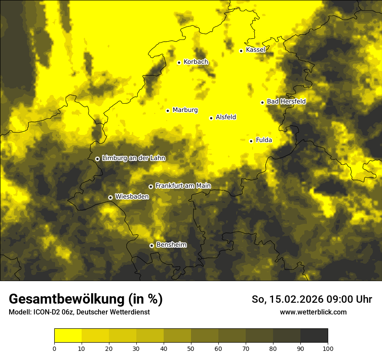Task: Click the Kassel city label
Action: pyautogui.click(x=255, y=50)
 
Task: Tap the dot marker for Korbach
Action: pyautogui.click(x=179, y=62)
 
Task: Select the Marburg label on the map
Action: pyautogui.click(x=185, y=110)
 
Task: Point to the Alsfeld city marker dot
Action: pyautogui.click(x=211, y=118)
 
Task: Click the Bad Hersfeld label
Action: pyautogui.click(x=286, y=101)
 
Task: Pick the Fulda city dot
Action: pyautogui.click(x=251, y=141)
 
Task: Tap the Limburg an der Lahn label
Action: pyautogui.click(x=133, y=158)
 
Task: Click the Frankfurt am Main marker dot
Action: pyautogui.click(x=151, y=187)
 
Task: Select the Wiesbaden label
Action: pyautogui.click(x=132, y=196)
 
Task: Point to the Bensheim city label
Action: pyautogui.click(x=171, y=245)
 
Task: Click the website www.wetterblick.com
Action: pyautogui.click(x=313, y=312)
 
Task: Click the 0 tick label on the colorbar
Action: pyautogui.click(x=54, y=348)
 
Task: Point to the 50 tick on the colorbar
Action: pyautogui.click(x=191, y=348)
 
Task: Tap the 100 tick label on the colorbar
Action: pyautogui.click(x=327, y=348)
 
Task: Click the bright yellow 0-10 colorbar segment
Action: pyautogui.click(x=68, y=336)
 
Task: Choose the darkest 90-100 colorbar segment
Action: pyautogui.click(x=314, y=336)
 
